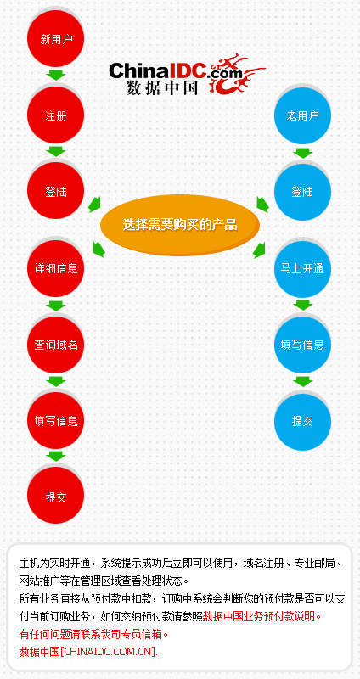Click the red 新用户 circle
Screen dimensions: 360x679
(x=55, y=39)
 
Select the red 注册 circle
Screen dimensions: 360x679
(x=55, y=115)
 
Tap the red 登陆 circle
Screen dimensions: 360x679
(x=55, y=191)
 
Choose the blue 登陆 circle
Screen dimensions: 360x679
(x=302, y=192)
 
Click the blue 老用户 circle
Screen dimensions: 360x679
(x=302, y=115)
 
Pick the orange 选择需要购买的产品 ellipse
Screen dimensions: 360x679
(x=180, y=225)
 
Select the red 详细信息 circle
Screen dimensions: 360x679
(x=55, y=268)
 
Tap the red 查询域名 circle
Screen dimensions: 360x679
(x=55, y=345)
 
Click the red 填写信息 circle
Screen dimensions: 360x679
(x=55, y=420)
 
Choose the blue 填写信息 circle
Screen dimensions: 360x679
(x=302, y=345)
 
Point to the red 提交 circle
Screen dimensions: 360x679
(x=55, y=497)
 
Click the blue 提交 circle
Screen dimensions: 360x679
(x=302, y=421)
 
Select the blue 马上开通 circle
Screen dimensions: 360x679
(x=302, y=269)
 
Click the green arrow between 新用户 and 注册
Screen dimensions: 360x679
(x=55, y=75)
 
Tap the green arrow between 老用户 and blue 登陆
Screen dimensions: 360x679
(x=302, y=153)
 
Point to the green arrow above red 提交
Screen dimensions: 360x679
(x=55, y=456)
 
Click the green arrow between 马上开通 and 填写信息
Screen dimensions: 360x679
(x=302, y=305)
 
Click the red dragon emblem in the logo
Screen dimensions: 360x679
(x=236, y=73)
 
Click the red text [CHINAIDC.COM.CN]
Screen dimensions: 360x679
(x=109, y=651)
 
